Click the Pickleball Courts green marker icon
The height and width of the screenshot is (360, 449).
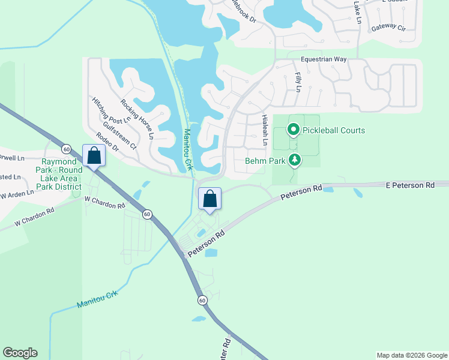click(294, 129)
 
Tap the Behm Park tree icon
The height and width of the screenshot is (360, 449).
click(294, 160)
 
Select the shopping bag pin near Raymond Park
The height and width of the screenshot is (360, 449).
click(94, 155)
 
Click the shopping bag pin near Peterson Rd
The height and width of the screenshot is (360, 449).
click(209, 199)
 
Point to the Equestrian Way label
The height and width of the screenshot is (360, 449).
click(324, 59)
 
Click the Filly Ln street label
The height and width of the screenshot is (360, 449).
click(298, 82)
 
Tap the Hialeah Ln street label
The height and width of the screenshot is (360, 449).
click(264, 131)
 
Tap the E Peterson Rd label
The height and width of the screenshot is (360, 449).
click(409, 186)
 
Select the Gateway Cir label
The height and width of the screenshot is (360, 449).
click(388, 28)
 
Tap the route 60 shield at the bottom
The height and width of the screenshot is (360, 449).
click(202, 299)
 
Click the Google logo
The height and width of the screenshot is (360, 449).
click(20, 353)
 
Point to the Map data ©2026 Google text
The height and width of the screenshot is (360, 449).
click(412, 355)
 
